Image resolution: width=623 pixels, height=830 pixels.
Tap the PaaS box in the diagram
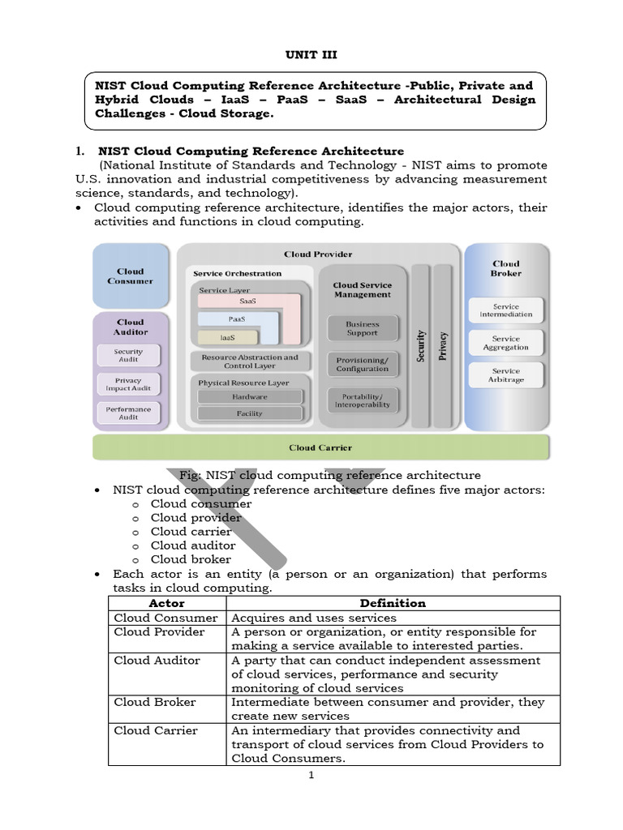[237, 319]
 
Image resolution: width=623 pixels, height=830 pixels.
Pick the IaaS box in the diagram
[228, 336]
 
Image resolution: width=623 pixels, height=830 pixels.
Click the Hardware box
[250, 396]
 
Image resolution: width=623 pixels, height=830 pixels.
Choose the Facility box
[250, 413]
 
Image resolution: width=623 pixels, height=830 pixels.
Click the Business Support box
[363, 328]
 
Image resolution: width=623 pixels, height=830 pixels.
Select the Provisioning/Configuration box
[363, 364]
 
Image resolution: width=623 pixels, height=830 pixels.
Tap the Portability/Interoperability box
[363, 400]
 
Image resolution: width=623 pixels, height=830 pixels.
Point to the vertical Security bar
[421, 345]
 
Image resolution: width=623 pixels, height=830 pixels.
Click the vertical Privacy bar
[443, 345]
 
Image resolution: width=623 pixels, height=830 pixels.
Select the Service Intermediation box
[506, 310]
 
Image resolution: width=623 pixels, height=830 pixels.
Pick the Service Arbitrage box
[506, 375]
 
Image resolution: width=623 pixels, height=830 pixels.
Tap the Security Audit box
[129, 356]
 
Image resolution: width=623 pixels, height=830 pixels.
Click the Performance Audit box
[129, 413]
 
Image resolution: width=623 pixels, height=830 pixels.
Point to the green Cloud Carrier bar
[320, 447]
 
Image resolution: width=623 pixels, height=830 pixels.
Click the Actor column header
[167, 603]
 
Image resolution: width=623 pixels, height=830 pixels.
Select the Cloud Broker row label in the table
[155, 702]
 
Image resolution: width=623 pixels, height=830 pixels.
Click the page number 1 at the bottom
[311, 775]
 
